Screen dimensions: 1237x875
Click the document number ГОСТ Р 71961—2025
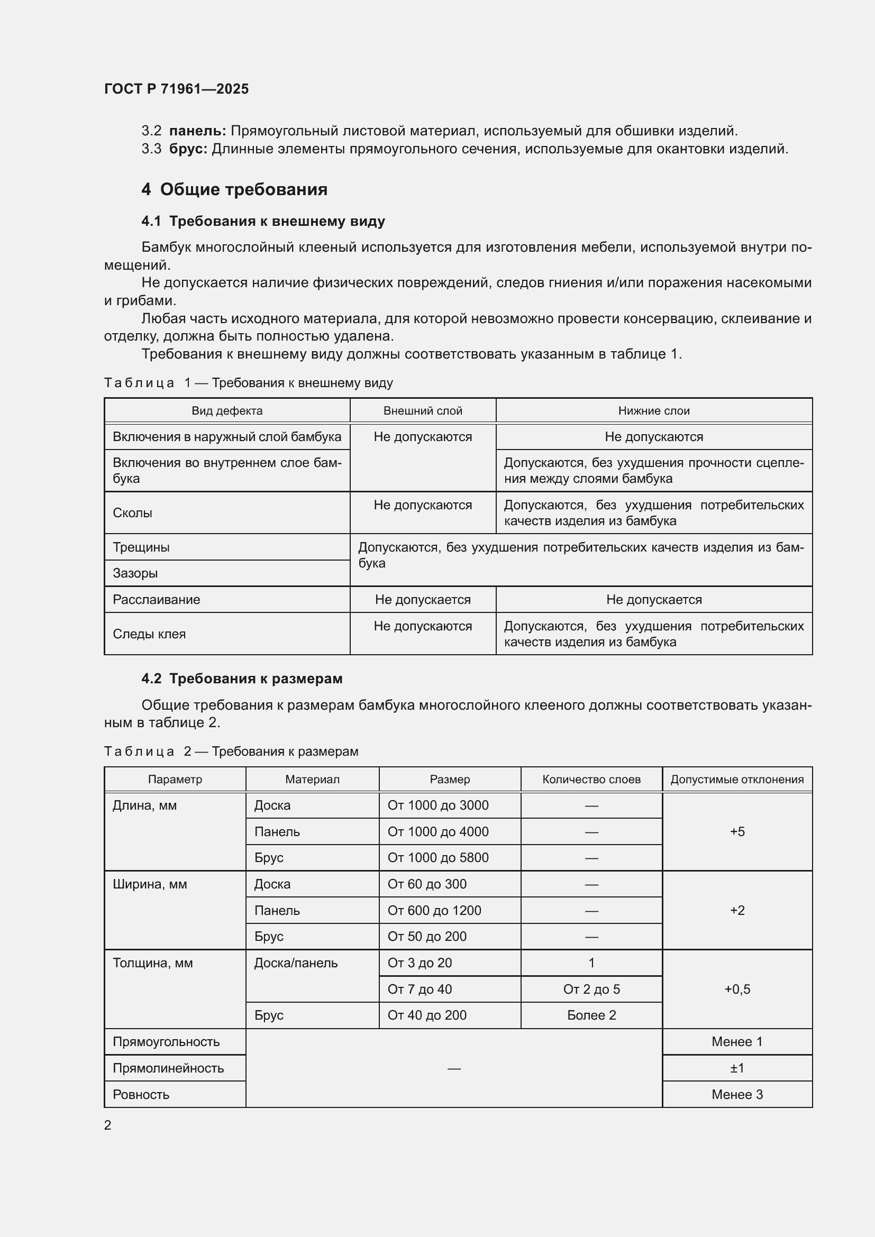click(x=176, y=89)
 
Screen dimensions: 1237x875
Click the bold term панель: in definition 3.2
click(x=197, y=131)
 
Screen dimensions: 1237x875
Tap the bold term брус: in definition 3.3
click(x=188, y=149)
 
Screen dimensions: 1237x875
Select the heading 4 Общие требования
click(x=234, y=189)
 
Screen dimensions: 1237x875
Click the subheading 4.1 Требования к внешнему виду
click(x=263, y=221)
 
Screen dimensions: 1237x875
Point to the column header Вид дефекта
click(x=227, y=410)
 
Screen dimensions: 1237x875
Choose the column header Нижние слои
click(x=653, y=410)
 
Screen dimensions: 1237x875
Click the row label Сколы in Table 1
click(x=133, y=513)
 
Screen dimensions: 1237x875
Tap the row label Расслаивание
click(x=156, y=600)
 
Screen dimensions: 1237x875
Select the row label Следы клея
click(x=149, y=634)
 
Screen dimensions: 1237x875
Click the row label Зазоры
click(x=135, y=573)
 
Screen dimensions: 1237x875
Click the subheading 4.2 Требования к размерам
click(x=242, y=679)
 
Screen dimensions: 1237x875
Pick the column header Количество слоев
click(x=591, y=779)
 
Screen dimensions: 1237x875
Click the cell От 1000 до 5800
click(x=438, y=858)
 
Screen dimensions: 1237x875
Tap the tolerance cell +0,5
click(x=737, y=989)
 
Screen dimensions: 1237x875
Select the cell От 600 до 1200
click(x=434, y=911)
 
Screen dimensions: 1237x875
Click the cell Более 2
click(x=591, y=1015)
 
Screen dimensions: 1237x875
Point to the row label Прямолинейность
click(x=168, y=1068)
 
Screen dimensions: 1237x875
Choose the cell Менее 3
click(x=737, y=1094)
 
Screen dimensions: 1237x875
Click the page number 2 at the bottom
click(x=108, y=1125)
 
